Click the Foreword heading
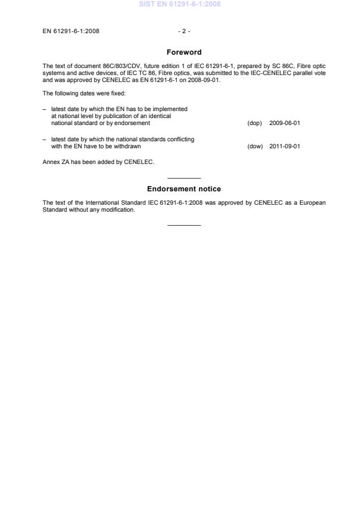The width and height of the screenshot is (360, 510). [x=184, y=52]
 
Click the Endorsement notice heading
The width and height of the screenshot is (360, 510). [x=184, y=189]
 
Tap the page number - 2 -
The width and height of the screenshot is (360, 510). [x=184, y=31]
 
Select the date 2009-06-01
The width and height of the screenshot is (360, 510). [x=284, y=123]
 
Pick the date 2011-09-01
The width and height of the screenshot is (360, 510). [x=284, y=147]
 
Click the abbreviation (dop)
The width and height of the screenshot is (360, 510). [x=255, y=123]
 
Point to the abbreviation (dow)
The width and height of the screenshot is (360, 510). [x=255, y=147]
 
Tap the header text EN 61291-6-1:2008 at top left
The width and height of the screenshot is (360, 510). [x=70, y=31]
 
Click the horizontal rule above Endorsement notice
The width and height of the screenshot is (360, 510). [x=184, y=178]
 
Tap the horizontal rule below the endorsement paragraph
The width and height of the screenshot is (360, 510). [x=184, y=225]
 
